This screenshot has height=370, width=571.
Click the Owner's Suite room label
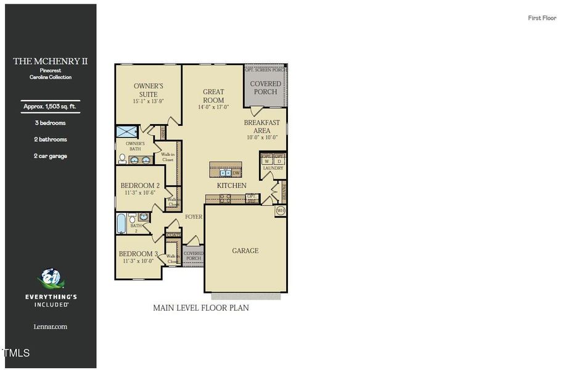(x=149, y=89)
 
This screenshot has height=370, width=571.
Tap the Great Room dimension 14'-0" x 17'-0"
(x=213, y=107)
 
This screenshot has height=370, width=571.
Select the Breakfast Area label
(x=261, y=126)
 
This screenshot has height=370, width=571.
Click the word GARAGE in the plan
(x=245, y=250)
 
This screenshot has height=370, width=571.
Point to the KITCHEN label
(x=231, y=185)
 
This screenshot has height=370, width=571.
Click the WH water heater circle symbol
(x=281, y=211)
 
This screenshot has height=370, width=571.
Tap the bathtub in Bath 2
(x=121, y=223)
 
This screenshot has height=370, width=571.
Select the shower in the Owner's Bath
(x=128, y=131)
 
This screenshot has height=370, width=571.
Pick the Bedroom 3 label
(x=139, y=253)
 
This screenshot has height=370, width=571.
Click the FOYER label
(x=194, y=216)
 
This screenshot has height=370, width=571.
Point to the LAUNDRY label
(x=273, y=168)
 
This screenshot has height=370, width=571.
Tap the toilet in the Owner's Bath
(x=122, y=158)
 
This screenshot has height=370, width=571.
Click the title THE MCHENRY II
(x=51, y=61)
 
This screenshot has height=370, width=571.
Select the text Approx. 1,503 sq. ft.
(x=51, y=107)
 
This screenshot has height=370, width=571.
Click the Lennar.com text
(x=51, y=326)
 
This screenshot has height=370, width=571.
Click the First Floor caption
(x=542, y=18)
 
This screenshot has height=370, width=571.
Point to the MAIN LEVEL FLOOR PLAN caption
(x=201, y=307)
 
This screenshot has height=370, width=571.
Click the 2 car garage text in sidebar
(x=51, y=156)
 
